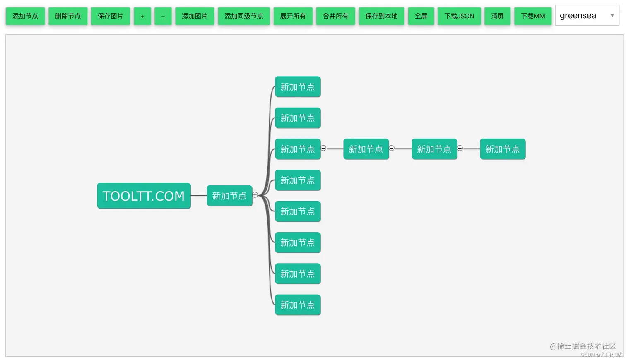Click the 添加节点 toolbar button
click(25, 16)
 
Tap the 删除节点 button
click(68, 16)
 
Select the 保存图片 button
click(111, 16)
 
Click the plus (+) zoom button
click(142, 16)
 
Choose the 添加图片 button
click(195, 16)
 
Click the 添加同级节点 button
click(244, 16)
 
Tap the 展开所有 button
click(293, 16)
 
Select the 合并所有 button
click(335, 16)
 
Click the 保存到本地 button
click(381, 16)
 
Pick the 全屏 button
click(421, 16)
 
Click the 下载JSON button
click(459, 16)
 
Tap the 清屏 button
click(498, 16)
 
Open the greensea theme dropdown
click(587, 15)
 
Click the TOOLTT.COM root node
click(144, 196)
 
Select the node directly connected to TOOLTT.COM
click(229, 196)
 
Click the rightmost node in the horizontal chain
click(503, 149)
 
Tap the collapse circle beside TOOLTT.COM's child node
click(255, 195)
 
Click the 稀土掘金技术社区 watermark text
click(583, 346)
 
